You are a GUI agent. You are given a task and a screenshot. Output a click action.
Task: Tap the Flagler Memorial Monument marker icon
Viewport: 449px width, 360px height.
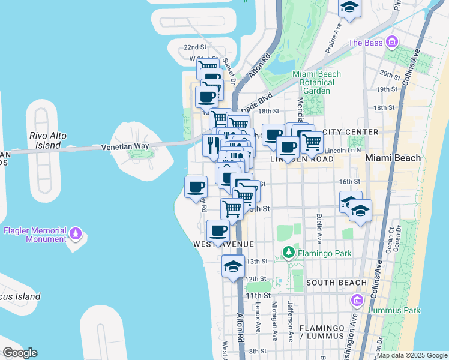pos(76,232)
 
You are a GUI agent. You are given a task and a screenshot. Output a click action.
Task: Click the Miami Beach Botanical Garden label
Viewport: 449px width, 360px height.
pos(316,82)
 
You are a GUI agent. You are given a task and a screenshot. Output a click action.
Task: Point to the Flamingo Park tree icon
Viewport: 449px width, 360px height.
pos(289,253)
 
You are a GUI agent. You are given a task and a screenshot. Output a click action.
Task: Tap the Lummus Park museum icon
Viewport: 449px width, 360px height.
pos(357,300)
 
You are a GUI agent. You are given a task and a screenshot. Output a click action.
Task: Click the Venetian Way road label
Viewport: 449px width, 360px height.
pos(124,146)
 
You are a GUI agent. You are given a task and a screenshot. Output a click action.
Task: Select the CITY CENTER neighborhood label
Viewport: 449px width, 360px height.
pos(350,131)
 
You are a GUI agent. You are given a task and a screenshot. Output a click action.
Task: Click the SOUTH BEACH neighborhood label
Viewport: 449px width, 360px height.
pos(336,282)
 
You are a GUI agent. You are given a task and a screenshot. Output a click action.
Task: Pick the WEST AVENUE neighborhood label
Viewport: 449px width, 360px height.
pos(224,244)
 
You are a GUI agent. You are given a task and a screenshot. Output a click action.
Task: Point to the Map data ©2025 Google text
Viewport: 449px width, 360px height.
pos(411,355)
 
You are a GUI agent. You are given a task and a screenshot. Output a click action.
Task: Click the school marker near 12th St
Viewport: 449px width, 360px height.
pos(232,267)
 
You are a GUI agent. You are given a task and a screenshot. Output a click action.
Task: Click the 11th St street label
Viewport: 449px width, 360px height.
pos(258,295)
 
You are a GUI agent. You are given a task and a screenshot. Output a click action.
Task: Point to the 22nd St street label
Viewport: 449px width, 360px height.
pos(195,47)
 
